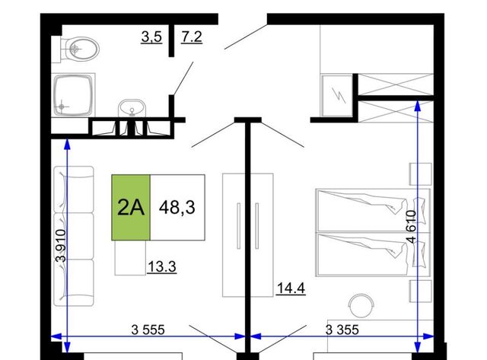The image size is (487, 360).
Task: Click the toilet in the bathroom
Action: (x=79, y=49)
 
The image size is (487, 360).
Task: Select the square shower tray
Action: (x=73, y=94)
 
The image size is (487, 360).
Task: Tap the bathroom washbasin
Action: (x=132, y=108)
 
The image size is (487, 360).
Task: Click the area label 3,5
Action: (x=151, y=37)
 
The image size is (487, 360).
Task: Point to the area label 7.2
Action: (x=192, y=37)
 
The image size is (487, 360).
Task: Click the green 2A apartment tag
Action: (x=131, y=208)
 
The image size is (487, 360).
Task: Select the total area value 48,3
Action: (x=177, y=207)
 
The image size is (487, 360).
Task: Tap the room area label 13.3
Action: (x=162, y=267)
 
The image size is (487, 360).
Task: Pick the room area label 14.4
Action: (x=291, y=288)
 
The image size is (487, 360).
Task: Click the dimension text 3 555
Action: (x=148, y=330)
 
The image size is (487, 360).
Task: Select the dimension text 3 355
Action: (x=342, y=330)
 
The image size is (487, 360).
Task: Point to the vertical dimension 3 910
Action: (x=61, y=246)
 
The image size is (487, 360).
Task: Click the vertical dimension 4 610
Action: (x=411, y=227)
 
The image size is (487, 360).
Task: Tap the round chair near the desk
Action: (x=361, y=306)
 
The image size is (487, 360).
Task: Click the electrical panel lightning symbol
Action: (x=338, y=95)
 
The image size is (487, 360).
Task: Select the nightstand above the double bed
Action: (x=420, y=174)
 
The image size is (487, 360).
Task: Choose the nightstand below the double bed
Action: (x=420, y=291)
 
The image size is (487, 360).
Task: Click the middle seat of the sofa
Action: (x=74, y=236)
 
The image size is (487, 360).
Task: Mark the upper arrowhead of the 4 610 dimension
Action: (x=418, y=106)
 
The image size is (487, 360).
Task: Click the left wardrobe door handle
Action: (x=238, y=226)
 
